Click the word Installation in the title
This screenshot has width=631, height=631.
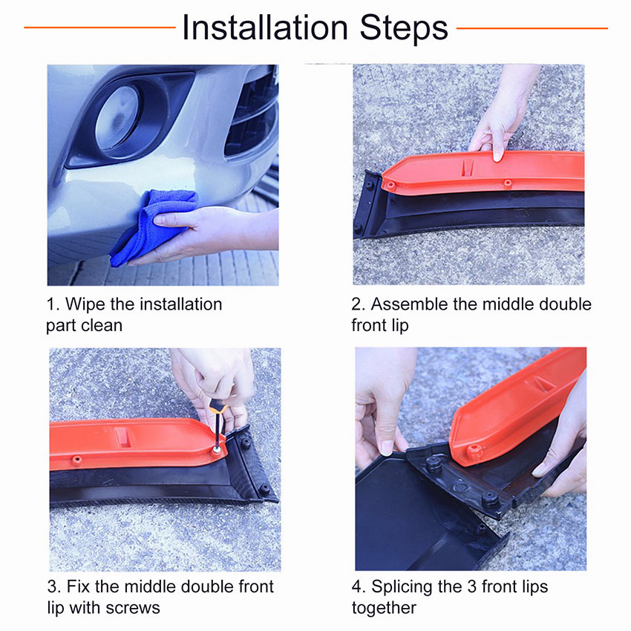tap(265, 28)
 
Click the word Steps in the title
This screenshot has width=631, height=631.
tap(404, 28)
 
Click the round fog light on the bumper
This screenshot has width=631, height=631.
tap(117, 118)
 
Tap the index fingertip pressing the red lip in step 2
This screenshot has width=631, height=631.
tap(498, 156)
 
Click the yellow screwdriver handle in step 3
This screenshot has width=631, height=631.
tap(218, 408)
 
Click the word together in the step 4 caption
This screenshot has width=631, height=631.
tap(384, 608)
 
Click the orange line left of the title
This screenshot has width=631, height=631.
tap(99, 27)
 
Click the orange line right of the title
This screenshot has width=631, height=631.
tap(532, 28)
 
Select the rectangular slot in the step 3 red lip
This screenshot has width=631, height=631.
tap(122, 437)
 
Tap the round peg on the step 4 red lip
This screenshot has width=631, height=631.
tap(474, 451)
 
